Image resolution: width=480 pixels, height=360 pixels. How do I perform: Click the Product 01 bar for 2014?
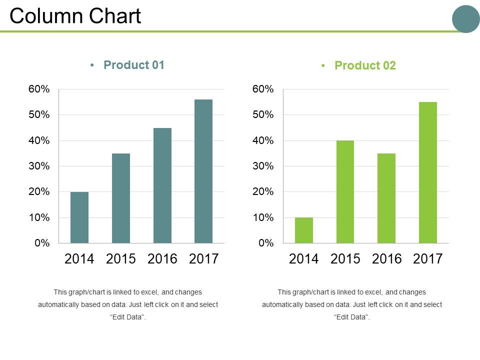79,217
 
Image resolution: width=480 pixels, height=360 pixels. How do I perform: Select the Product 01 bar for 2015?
121,198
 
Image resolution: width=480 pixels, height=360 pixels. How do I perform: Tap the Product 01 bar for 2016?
162,185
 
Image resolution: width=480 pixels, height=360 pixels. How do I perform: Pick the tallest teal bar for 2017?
203,171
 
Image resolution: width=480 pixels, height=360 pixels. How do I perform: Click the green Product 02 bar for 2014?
304,230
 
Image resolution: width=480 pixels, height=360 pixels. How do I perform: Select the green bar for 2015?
345,192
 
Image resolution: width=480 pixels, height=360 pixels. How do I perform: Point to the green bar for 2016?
386,198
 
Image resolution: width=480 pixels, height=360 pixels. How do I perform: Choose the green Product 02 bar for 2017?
428,172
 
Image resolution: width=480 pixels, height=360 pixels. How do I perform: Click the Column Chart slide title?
75,16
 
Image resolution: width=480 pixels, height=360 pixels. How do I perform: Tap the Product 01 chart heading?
133,65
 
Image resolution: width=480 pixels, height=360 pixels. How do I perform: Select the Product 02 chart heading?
365,65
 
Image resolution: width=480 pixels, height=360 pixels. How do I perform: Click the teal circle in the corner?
465,19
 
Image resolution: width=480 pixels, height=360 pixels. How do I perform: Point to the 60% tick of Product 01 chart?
39,89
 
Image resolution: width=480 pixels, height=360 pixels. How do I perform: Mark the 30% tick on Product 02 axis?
263,166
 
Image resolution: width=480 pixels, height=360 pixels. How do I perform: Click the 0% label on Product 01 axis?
42,243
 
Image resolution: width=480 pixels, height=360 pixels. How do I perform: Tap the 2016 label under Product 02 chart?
386,258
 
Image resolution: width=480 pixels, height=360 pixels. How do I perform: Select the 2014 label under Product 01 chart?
79,258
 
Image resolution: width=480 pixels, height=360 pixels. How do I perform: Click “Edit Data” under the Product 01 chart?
127,317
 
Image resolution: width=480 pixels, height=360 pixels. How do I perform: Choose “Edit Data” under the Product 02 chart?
351,317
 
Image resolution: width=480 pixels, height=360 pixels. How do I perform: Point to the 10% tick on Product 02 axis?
263,217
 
